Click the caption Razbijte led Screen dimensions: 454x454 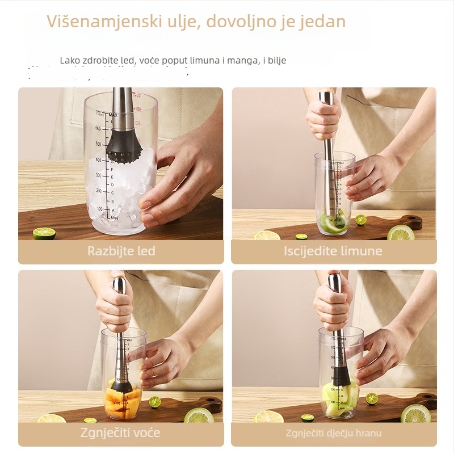tap(121, 251)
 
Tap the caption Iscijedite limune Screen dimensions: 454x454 tap(333, 251)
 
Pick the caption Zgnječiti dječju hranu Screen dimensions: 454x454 tap(333, 434)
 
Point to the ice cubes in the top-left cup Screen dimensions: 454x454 tap(119, 187)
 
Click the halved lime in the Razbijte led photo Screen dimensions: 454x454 tap(44, 233)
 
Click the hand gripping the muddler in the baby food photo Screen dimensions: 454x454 tap(332, 301)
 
